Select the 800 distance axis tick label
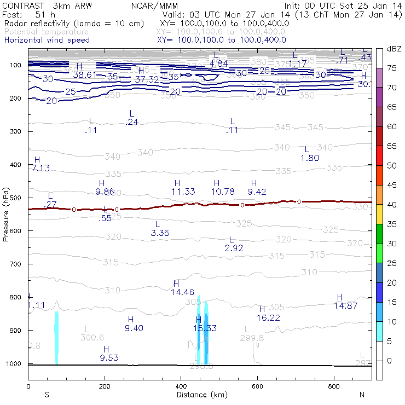334,387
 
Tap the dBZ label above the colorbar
394,49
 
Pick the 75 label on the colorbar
391,68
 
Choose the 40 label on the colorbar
391,205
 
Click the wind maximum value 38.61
85,75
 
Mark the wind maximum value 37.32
147,80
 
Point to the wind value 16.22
268,317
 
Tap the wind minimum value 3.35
160,233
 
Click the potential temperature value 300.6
92,337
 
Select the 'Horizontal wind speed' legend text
47,40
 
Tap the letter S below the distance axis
47,395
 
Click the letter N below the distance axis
362,395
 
